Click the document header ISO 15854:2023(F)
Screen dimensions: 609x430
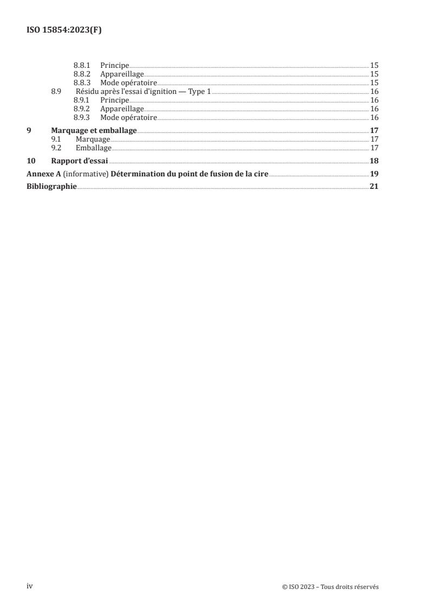point(64,30)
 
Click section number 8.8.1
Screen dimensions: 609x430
point(82,65)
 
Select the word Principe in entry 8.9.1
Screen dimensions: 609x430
point(114,100)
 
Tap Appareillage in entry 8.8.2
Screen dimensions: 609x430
point(122,74)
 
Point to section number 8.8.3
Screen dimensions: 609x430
point(82,83)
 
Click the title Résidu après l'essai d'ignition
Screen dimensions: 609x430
point(143,92)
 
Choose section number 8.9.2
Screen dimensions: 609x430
point(82,109)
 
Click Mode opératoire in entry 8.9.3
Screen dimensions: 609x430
point(129,118)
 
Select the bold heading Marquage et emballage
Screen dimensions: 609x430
point(94,130)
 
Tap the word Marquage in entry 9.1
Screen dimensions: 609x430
point(93,139)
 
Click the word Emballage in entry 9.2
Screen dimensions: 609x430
point(93,148)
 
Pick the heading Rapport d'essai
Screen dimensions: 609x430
point(80,161)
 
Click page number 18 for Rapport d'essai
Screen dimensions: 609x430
point(374,161)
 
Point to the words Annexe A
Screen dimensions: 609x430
point(42,174)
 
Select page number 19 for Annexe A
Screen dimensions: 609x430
point(374,174)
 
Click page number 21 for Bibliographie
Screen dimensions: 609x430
point(374,187)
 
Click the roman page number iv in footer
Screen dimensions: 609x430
point(30,586)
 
